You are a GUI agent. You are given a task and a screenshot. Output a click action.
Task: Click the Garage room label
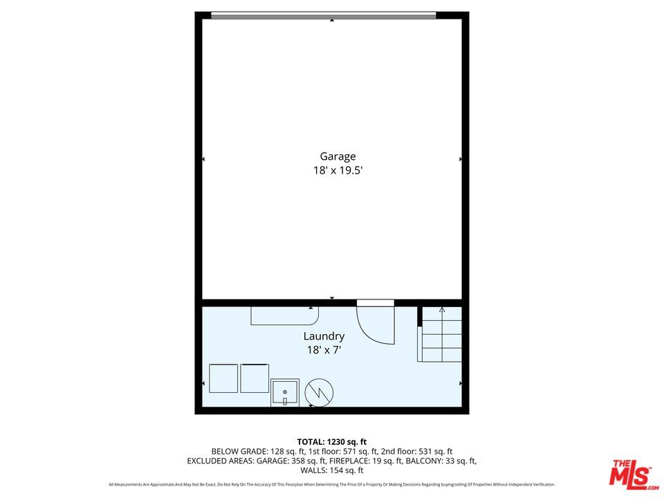click(x=338, y=157)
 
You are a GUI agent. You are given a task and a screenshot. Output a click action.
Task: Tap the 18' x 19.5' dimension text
click(x=338, y=170)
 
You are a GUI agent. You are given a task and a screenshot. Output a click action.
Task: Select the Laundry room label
click(x=324, y=337)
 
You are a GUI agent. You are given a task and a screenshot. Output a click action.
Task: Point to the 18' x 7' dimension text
click(x=324, y=350)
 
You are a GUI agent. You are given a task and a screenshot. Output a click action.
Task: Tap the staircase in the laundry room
click(x=441, y=335)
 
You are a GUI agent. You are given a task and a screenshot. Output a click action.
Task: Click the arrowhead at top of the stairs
click(x=442, y=310)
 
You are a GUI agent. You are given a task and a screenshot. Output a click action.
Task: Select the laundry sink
click(x=284, y=393)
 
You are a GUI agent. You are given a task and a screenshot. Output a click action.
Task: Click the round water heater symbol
click(x=319, y=392)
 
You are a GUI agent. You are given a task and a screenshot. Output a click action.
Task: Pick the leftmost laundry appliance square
click(x=223, y=378)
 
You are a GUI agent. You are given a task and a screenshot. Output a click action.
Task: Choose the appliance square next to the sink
click(x=255, y=378)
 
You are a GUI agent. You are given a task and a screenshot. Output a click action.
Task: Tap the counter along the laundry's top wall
click(x=284, y=315)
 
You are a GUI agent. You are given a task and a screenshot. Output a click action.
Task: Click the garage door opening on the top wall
click(x=323, y=15)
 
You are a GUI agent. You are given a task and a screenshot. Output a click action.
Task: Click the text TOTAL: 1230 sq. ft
click(x=332, y=441)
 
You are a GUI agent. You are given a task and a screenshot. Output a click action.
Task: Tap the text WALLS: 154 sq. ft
click(x=332, y=470)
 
